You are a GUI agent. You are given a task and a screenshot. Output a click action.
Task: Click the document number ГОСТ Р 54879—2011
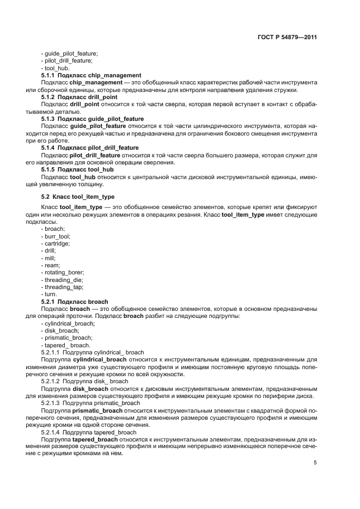288,38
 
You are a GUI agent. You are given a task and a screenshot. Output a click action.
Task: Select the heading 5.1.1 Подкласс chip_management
91,75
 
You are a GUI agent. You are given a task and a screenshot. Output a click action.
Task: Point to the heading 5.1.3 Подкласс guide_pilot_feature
93,119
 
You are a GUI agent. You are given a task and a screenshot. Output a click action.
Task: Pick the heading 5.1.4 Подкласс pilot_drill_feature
90,148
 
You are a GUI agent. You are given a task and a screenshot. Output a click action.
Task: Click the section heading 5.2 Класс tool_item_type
78,197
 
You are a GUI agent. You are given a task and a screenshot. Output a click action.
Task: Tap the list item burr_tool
56,236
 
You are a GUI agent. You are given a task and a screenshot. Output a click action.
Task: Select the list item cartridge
56,243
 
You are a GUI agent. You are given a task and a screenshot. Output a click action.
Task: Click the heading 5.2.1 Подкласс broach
75,301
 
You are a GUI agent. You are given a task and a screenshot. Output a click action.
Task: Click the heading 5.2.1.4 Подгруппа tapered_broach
93,432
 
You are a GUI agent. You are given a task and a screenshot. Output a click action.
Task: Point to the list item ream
51,265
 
